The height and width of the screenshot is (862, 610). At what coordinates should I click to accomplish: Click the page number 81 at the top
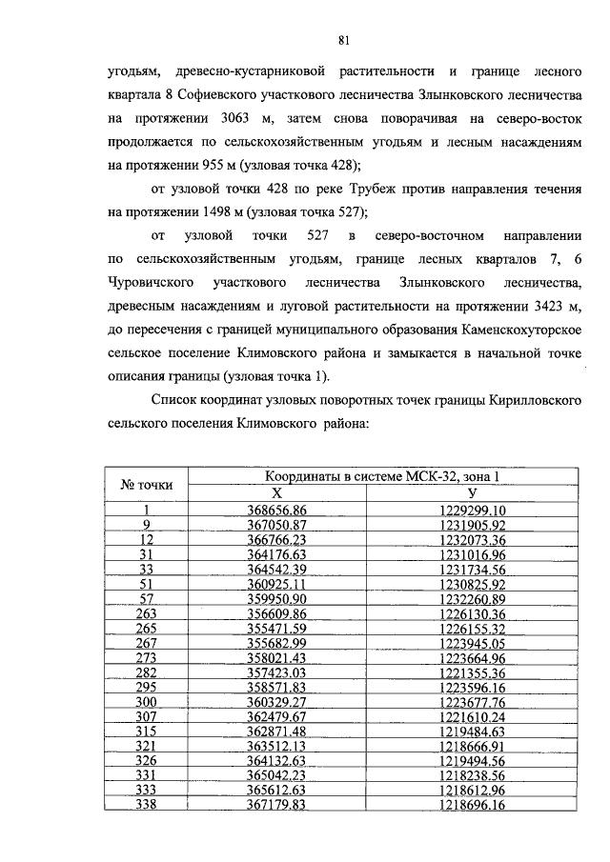tap(345, 40)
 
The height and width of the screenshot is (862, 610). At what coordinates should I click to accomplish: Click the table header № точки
tap(147, 485)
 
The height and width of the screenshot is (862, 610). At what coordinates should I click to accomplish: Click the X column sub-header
tap(276, 493)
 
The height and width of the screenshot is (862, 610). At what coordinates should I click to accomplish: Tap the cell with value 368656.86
tap(276, 511)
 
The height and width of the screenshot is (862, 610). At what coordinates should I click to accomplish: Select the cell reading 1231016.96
tap(473, 553)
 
